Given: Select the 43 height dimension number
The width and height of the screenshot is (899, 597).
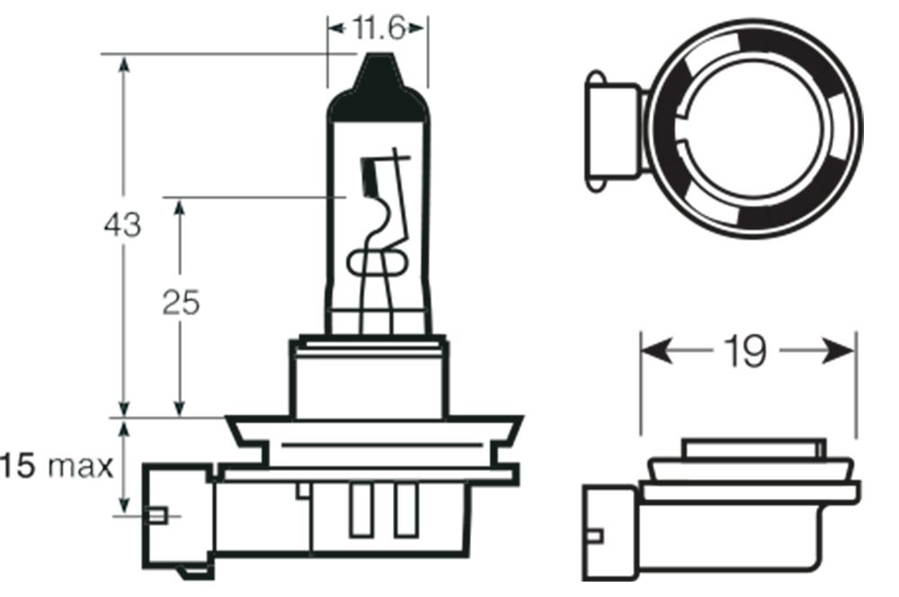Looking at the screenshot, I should [x=122, y=224].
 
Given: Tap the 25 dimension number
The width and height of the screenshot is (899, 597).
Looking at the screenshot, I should [x=181, y=303].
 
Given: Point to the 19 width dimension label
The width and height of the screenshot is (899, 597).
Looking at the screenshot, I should [x=747, y=352].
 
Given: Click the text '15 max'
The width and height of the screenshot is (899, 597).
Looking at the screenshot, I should [x=56, y=467].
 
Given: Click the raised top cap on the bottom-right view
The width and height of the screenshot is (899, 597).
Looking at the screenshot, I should [x=752, y=448].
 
